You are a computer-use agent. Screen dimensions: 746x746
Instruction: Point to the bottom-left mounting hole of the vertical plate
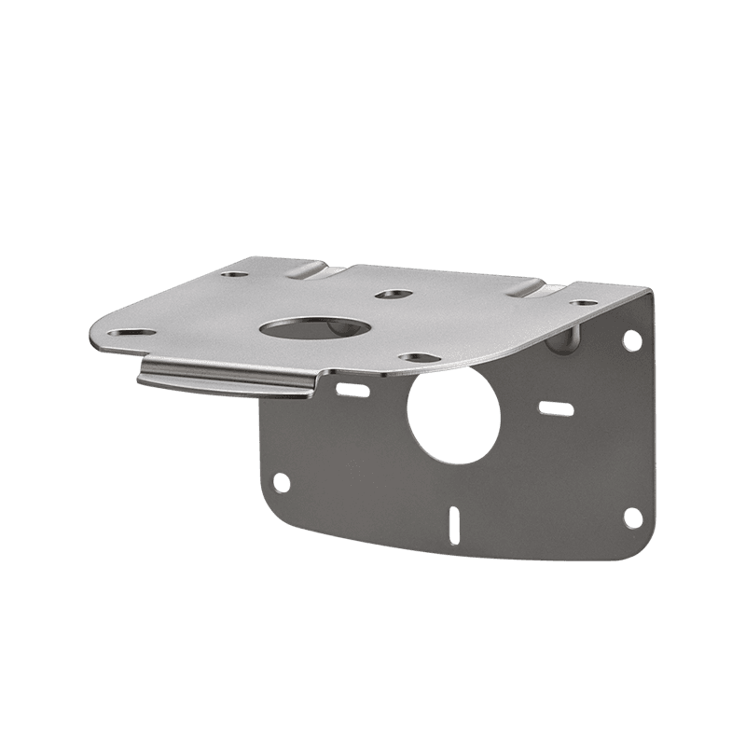[x=278, y=482]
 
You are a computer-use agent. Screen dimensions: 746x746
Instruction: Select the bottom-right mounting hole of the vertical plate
[x=631, y=518]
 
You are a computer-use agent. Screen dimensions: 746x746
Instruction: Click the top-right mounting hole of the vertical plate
[x=629, y=339]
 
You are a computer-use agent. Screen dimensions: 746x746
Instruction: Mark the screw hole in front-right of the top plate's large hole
[x=411, y=356]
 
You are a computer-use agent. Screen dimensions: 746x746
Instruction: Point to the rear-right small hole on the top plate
[x=582, y=303]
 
